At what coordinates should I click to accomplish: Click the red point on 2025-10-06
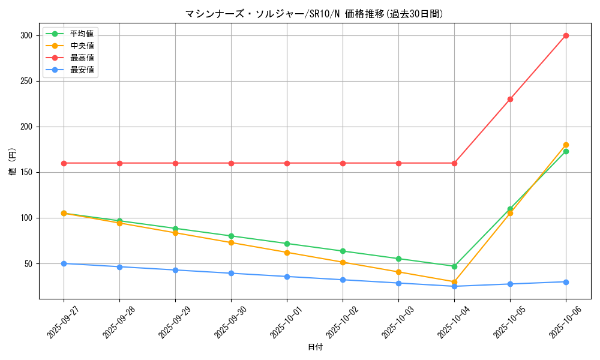coord(566,35)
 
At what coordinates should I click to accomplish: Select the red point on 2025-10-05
coord(510,99)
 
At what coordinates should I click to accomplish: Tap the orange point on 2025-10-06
coord(566,145)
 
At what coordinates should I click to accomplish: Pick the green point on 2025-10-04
coord(454,266)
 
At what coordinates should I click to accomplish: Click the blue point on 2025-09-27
coord(64,263)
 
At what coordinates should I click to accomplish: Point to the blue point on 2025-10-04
coord(454,286)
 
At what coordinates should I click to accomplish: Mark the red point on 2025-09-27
coord(64,163)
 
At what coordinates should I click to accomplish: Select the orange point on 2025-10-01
coord(287,253)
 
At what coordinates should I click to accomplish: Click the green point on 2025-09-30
coord(231,236)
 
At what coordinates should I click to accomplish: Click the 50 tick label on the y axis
coord(29,263)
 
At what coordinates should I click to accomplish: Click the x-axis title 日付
coord(315,347)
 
